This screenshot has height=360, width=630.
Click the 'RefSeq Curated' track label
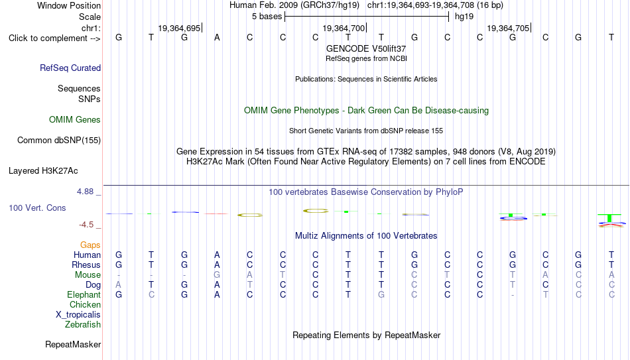tap(70, 68)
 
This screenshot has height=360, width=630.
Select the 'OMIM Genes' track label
tap(75, 120)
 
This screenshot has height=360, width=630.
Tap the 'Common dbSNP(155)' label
tap(59, 141)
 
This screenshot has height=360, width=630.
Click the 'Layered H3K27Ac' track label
tap(43, 171)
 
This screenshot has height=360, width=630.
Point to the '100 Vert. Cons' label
tap(37, 208)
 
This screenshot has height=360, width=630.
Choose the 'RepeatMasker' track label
tap(73, 344)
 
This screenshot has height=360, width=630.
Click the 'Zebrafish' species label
tap(83, 324)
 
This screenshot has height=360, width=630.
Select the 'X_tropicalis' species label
tap(78, 315)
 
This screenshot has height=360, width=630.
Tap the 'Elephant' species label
tap(84, 294)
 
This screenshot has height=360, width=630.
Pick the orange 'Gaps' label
tap(90, 245)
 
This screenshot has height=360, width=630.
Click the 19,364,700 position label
tap(344, 28)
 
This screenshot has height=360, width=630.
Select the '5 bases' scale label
tap(267, 17)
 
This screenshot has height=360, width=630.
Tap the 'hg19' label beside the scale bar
tap(464, 17)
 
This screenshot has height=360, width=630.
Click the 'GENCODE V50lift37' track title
tap(366, 48)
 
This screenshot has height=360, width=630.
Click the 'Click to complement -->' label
tap(54, 38)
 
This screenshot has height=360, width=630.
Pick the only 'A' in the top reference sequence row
tap(217, 37)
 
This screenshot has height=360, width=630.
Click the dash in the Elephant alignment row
tap(513, 295)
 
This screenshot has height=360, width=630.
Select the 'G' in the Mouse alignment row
tap(217, 275)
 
